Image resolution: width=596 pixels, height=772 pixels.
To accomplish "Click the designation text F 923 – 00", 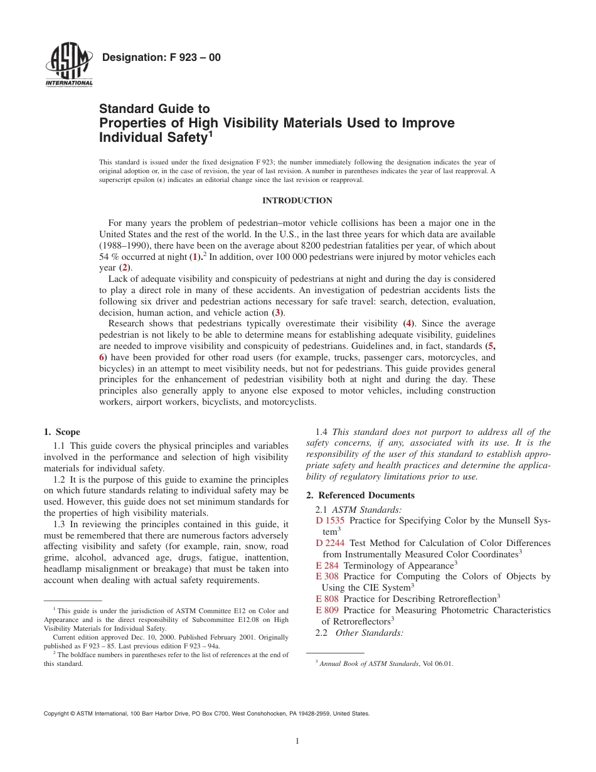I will (161, 58).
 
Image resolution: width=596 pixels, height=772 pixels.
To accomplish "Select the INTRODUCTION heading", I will (297, 201).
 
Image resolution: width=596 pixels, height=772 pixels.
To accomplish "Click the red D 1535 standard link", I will (330, 520).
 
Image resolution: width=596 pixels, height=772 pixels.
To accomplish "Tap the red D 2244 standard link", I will (330, 543).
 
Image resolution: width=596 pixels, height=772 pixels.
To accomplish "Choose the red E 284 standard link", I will (327, 566).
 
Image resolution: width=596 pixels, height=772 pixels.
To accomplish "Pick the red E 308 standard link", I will (327, 576).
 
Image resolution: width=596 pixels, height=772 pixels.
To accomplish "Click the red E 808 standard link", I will (327, 599).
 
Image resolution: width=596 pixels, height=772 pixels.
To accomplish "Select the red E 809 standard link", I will (327, 610).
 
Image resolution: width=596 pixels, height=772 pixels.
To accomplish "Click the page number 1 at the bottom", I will (297, 741).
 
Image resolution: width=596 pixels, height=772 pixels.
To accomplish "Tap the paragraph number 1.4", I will (321, 432).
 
